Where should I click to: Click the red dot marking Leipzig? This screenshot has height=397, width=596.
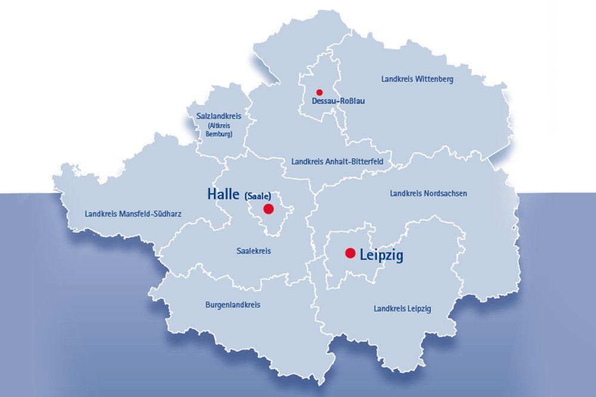[350, 253]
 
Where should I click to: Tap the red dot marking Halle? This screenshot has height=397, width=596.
[268, 209]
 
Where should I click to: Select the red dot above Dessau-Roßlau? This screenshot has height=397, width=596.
[319, 92]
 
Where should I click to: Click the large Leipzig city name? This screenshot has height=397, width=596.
[381, 255]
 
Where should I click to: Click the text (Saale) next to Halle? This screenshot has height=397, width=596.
[258, 195]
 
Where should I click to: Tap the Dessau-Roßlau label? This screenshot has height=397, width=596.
[338, 101]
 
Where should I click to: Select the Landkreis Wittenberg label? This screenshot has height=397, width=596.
[417, 79]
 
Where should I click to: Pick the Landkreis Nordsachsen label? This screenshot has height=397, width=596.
[428, 193]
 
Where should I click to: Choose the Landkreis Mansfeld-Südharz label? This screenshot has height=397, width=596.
[133, 213]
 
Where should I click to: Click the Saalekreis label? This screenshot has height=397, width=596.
[254, 251]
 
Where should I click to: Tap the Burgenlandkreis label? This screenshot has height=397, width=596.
[232, 305]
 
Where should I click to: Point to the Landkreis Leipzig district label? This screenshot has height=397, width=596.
[402, 308]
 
